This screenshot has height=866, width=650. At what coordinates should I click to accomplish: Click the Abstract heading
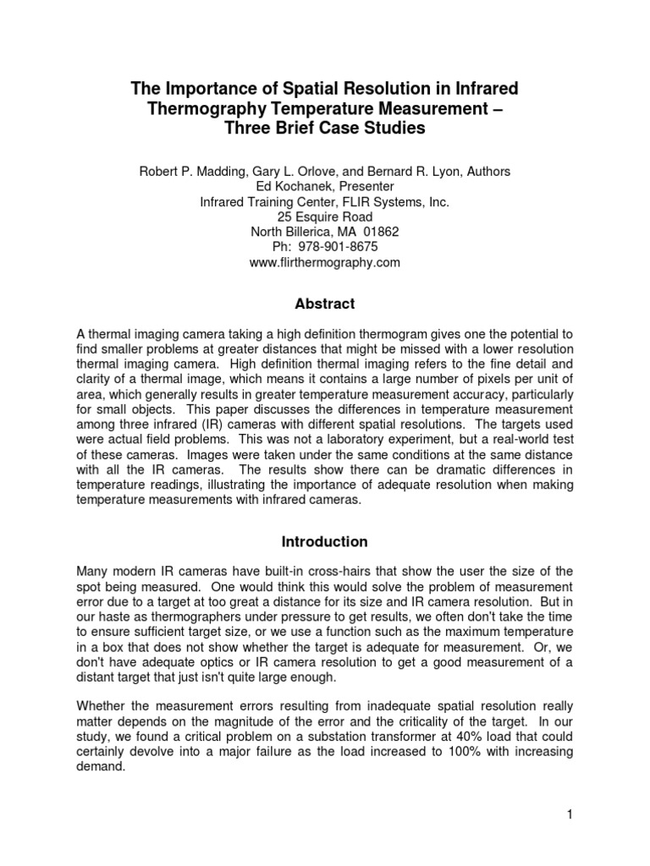(325, 304)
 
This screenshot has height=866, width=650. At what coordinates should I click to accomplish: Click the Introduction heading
(325, 541)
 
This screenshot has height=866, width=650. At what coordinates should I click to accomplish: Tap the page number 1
(570, 814)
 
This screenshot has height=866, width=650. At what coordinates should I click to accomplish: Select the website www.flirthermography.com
(325, 262)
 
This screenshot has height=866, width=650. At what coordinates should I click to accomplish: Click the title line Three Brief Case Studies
(325, 129)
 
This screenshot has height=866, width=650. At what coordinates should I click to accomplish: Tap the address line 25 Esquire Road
(325, 216)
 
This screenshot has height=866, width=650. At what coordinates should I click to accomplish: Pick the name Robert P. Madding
(190, 171)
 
